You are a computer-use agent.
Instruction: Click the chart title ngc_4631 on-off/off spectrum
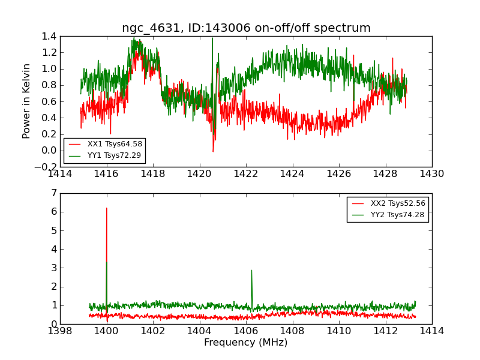246,28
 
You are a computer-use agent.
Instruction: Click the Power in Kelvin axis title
26,101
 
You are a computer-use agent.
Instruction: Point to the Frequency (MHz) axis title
246,343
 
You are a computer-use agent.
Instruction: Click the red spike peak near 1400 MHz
107,208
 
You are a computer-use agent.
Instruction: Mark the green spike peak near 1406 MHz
251,270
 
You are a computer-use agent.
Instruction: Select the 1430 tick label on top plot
431,174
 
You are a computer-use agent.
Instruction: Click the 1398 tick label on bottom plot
60,331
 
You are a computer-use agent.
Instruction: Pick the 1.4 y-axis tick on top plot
50,36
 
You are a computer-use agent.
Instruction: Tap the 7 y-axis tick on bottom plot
54,193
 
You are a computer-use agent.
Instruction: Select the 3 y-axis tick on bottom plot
54,268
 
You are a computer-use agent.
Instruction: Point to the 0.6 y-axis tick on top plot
50,101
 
